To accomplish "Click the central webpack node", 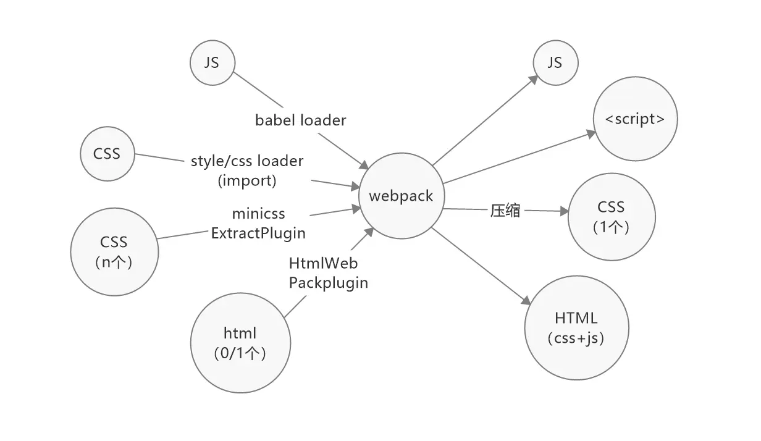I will click(401, 196).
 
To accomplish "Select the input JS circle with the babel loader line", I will click(212, 62).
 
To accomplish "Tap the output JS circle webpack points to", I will click(555, 62).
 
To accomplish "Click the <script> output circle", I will click(635, 119).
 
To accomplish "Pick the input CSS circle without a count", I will click(107, 154).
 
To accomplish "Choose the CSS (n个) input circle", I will click(114, 251).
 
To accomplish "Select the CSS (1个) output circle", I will click(611, 217).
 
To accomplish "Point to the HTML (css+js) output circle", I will click(576, 328).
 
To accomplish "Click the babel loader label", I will click(301, 120).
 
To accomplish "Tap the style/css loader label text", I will click(247, 162).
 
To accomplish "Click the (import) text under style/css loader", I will click(247, 181).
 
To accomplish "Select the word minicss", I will click(259, 214).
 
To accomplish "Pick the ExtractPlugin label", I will click(258, 233).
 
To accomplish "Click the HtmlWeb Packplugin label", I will click(328, 273).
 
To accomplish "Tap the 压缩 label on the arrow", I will click(505, 211).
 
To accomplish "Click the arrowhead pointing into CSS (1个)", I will click(563, 212).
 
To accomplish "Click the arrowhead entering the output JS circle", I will click(534, 80).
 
